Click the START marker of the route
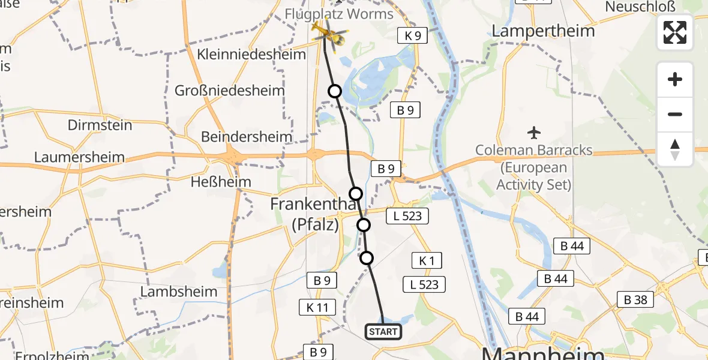tap(383, 331)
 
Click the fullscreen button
tap(675, 32)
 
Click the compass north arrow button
tap(675, 149)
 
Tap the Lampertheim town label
tap(543, 31)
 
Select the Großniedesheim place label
tap(229, 91)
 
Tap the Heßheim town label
tap(217, 181)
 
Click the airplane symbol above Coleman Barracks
tap(533, 132)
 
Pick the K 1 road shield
tap(427, 260)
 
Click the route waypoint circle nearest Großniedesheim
tap(334, 91)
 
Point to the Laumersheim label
tap(80, 158)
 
